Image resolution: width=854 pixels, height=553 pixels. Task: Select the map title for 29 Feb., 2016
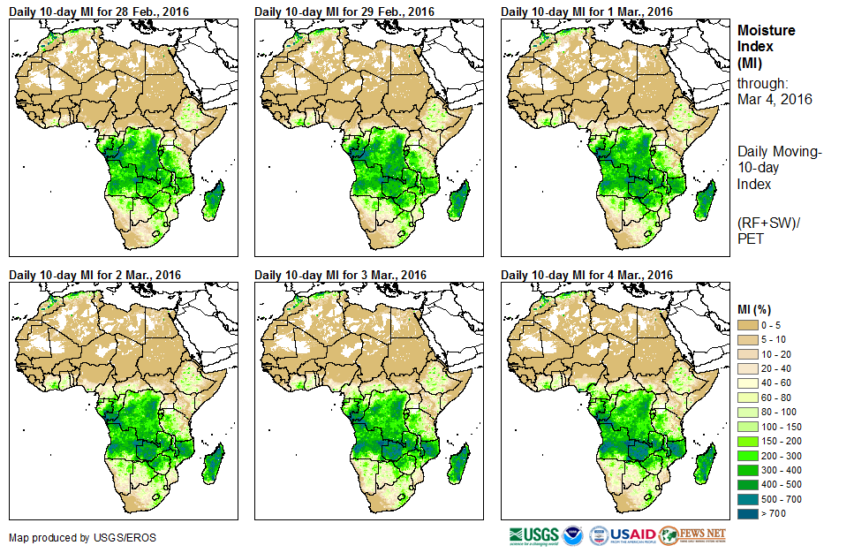pyautogui.click(x=344, y=11)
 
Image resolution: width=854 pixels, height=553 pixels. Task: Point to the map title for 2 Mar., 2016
pyautogui.click(x=95, y=275)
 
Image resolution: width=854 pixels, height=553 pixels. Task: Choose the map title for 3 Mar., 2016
pyautogui.click(x=341, y=275)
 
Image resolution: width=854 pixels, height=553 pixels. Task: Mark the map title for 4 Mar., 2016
pyautogui.click(x=587, y=275)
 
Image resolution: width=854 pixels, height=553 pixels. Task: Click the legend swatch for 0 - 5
pyautogui.click(x=749, y=326)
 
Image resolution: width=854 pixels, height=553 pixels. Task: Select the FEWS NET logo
pyautogui.click(x=692, y=535)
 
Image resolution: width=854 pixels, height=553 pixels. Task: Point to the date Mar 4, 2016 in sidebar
pyautogui.click(x=775, y=99)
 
